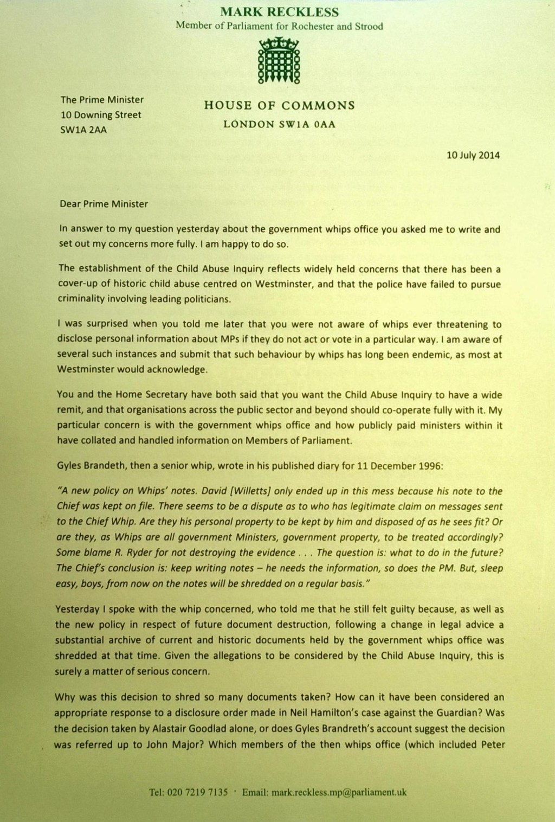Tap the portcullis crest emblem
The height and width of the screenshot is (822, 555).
[279, 61]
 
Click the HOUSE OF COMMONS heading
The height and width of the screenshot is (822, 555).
[280, 105]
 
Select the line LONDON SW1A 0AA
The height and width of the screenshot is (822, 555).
[280, 124]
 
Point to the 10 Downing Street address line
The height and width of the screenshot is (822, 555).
[101, 115]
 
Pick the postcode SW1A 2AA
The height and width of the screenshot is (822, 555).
[83, 130]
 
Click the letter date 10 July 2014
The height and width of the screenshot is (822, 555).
[473, 156]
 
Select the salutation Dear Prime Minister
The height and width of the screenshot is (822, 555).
[103, 204]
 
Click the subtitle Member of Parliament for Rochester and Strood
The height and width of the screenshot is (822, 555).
[280, 26]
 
